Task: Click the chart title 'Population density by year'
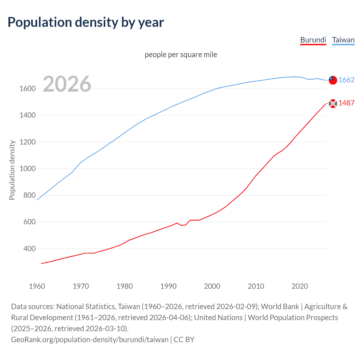(x=86, y=22)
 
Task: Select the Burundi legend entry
(x=313, y=40)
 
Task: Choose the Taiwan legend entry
(x=343, y=40)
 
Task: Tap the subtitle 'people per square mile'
(x=181, y=55)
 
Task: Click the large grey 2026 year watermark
(x=67, y=84)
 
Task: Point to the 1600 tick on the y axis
(x=27, y=89)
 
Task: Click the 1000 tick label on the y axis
(x=27, y=169)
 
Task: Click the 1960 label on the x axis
(x=37, y=286)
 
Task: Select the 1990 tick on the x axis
(x=168, y=286)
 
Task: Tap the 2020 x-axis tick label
(x=299, y=286)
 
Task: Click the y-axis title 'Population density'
(x=12, y=170)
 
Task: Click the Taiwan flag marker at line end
(x=333, y=80)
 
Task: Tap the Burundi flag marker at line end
(x=333, y=104)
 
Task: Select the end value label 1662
(x=346, y=80)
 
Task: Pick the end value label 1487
(x=346, y=103)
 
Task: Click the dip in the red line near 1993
(x=182, y=225)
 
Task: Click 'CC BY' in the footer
(x=184, y=340)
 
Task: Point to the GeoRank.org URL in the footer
(x=90, y=340)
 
